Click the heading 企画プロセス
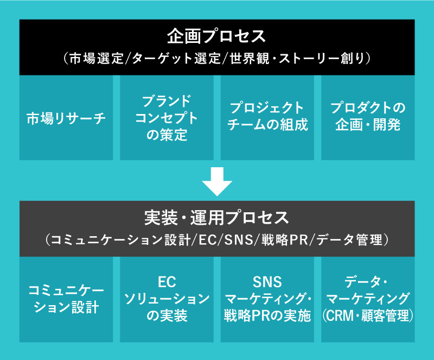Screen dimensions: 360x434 pyautogui.click(x=217, y=37)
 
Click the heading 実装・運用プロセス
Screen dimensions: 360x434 pyautogui.click(x=217, y=218)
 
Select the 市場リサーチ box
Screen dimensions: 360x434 pyautogui.click(x=66, y=118)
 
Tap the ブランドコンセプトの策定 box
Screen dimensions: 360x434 pyautogui.click(x=167, y=118)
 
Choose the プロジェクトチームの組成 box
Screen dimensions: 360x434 pyautogui.click(x=267, y=118)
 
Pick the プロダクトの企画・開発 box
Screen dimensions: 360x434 pyautogui.click(x=368, y=118)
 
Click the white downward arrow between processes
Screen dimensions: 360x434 pyautogui.click(x=217, y=181)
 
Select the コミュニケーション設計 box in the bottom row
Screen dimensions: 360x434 pyautogui.click(x=66, y=299)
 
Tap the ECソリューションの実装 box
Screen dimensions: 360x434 pyautogui.click(x=167, y=299)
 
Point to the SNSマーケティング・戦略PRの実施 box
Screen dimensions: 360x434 pyautogui.click(x=267, y=299)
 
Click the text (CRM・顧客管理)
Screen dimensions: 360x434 pyautogui.click(x=368, y=315)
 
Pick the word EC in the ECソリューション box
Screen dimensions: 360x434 pyautogui.click(x=167, y=282)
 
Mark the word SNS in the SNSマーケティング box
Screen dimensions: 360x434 pyautogui.click(x=267, y=282)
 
